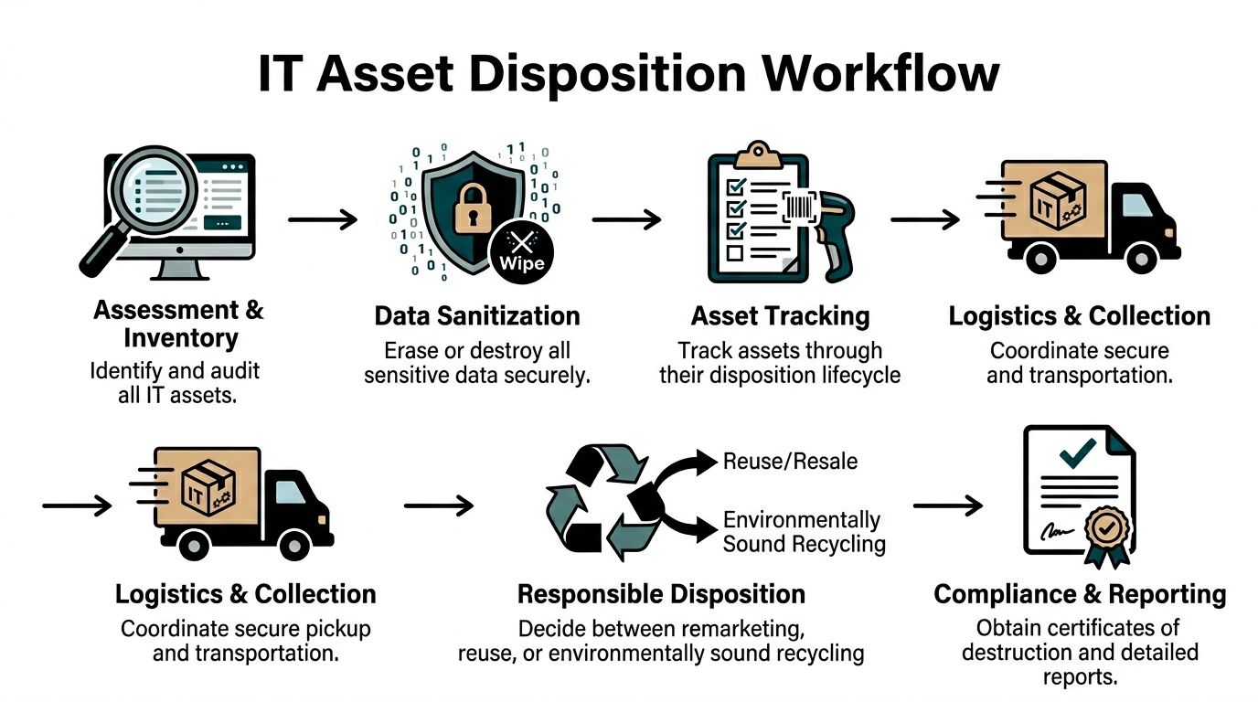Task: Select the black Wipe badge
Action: pyautogui.click(x=523, y=253)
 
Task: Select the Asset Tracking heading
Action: pyautogui.click(x=780, y=316)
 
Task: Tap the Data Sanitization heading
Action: pyautogui.click(x=477, y=316)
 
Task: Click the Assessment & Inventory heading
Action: pyautogui.click(x=178, y=323)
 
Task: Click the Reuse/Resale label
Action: pyautogui.click(x=790, y=461)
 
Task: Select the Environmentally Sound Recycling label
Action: pyautogui.click(x=804, y=532)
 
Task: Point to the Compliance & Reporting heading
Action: pyautogui.click(x=1080, y=594)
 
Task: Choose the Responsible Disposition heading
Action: pyautogui.click(x=661, y=594)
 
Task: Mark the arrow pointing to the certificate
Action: pyautogui.click(x=948, y=505)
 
